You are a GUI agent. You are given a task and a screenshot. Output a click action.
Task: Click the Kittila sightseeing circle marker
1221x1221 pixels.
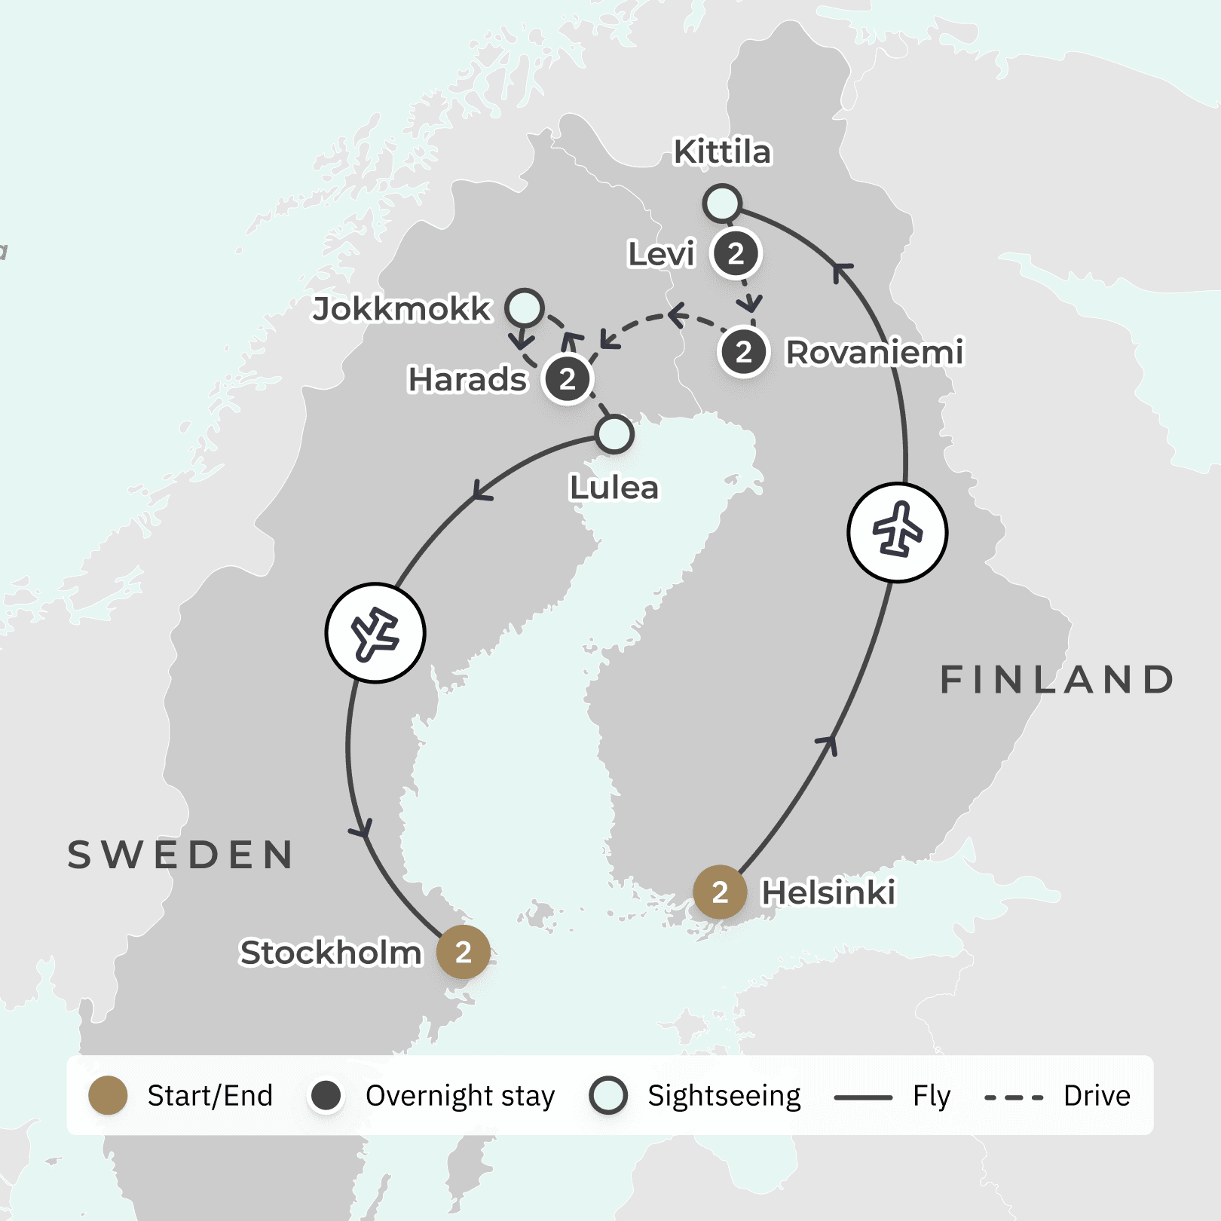tap(722, 203)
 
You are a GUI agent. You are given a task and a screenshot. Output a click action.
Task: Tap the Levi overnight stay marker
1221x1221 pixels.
tap(736, 254)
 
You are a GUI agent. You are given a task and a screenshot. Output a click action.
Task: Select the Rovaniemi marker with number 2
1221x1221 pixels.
tap(743, 352)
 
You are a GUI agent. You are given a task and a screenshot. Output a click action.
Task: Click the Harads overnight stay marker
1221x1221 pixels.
tap(568, 379)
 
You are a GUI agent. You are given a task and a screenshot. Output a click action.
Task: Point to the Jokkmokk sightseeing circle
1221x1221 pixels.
tap(525, 308)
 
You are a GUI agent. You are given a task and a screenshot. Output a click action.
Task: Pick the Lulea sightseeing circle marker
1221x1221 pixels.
tap(614, 434)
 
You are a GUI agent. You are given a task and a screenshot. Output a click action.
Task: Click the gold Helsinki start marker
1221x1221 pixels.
tap(720, 892)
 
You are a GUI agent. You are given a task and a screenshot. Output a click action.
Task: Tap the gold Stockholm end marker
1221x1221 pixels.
tap(464, 952)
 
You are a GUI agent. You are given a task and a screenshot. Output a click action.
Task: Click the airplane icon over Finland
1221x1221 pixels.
tap(897, 532)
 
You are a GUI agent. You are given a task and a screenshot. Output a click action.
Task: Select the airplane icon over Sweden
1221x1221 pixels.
tap(375, 633)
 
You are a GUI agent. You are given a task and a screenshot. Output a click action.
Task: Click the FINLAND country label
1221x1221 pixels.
tap(1057, 679)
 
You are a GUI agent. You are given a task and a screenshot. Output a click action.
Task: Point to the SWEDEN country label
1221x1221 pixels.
tap(181, 855)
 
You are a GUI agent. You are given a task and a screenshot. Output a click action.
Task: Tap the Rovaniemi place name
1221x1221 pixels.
tap(874, 352)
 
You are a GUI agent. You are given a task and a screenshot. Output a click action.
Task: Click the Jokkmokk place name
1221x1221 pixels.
tap(402, 309)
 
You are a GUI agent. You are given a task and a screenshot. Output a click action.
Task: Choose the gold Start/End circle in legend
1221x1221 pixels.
tap(108, 1095)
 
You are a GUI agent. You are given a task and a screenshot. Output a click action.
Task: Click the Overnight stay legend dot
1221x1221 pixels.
tap(326, 1095)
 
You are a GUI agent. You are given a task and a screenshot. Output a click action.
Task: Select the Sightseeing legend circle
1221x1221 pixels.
tap(608, 1095)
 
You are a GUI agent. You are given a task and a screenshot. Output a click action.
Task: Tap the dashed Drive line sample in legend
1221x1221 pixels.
tap(1014, 1097)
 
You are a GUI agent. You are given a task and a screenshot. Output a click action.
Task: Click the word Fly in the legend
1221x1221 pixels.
tap(932, 1096)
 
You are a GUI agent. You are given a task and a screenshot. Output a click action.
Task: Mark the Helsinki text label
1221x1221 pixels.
tap(828, 892)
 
